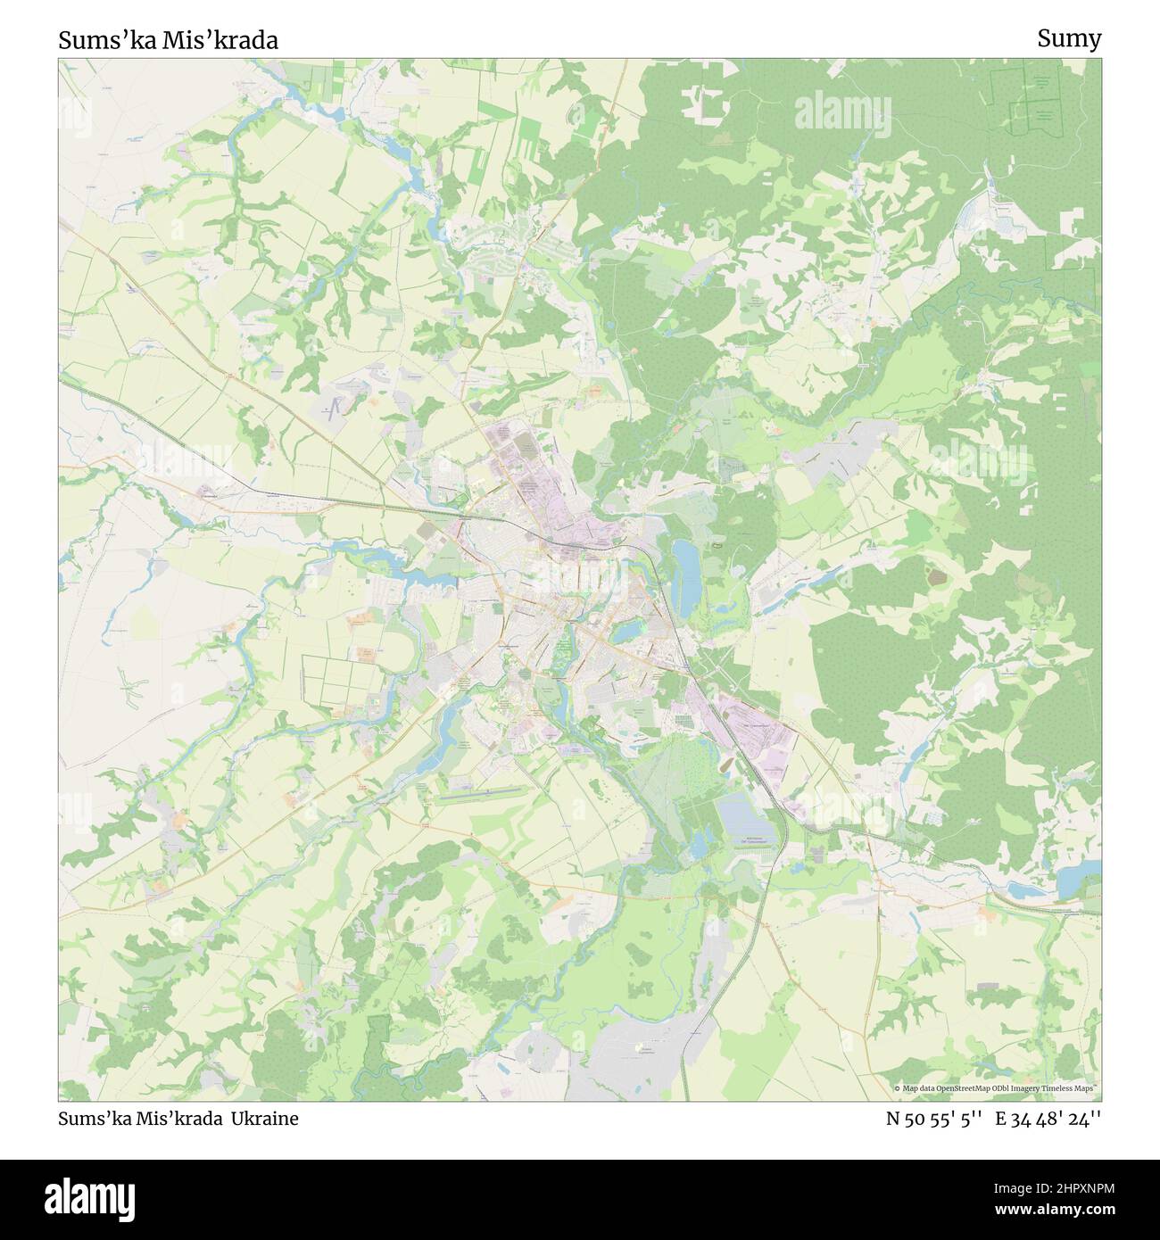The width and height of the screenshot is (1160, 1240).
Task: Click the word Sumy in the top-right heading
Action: coord(1069,38)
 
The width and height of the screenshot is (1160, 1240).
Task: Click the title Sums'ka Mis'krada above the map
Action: coord(168,40)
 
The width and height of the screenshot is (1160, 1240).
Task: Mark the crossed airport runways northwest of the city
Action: coord(335,409)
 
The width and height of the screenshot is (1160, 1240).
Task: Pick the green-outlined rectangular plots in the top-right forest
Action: coord(1035,98)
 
